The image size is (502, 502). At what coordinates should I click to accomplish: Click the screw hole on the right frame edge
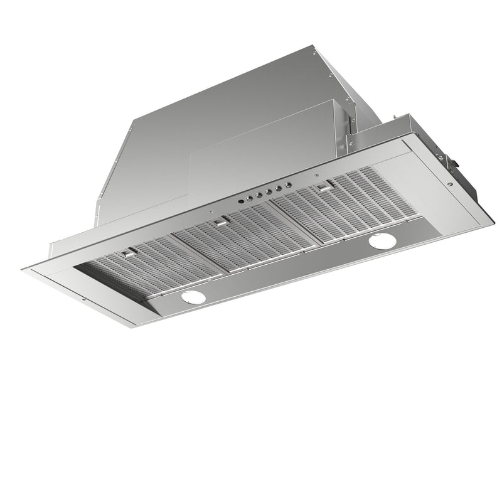pos(451,185)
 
